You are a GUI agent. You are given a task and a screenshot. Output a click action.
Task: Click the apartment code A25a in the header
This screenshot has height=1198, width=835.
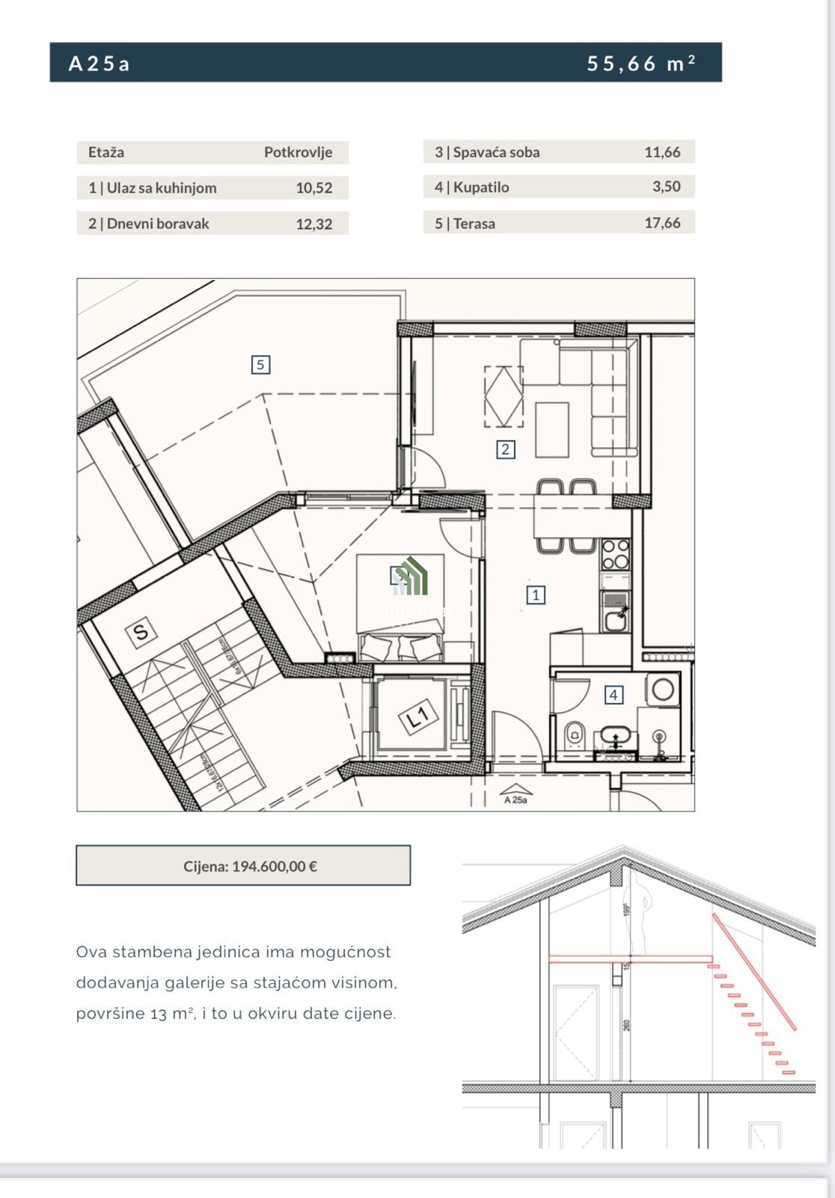[99, 64]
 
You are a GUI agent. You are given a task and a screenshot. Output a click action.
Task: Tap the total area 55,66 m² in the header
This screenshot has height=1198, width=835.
[640, 64]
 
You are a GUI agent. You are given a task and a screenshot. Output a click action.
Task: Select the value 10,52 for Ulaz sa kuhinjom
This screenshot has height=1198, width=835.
[313, 188]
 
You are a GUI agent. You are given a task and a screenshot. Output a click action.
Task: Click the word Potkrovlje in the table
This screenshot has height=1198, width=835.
[298, 152]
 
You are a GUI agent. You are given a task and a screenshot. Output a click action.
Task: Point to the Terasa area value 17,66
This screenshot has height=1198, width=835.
[662, 223]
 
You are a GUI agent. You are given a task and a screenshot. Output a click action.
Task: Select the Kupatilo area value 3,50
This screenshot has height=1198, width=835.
[666, 186]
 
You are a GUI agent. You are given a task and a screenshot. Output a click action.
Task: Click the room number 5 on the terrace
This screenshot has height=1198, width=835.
[260, 365]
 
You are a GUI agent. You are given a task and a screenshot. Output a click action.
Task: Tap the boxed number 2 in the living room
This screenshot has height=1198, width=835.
[505, 449]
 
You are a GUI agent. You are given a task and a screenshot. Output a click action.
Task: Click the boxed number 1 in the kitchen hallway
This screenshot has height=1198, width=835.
[535, 595]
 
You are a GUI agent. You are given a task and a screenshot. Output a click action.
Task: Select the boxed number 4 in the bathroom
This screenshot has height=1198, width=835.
[614, 695]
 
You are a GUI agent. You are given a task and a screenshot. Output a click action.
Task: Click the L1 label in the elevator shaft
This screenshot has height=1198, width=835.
[417, 718]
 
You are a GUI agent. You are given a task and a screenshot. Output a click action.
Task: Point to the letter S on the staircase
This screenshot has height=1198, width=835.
[141, 632]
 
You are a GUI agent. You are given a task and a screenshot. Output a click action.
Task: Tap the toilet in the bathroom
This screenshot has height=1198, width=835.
[575, 734]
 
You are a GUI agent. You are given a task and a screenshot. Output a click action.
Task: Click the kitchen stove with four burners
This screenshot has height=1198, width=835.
[615, 555]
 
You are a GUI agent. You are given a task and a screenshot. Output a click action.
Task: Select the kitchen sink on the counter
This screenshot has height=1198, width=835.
[616, 618]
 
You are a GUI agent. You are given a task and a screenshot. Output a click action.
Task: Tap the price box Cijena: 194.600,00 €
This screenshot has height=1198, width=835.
[243, 866]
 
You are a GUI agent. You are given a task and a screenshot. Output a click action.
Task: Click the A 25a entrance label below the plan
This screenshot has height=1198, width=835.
[516, 800]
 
